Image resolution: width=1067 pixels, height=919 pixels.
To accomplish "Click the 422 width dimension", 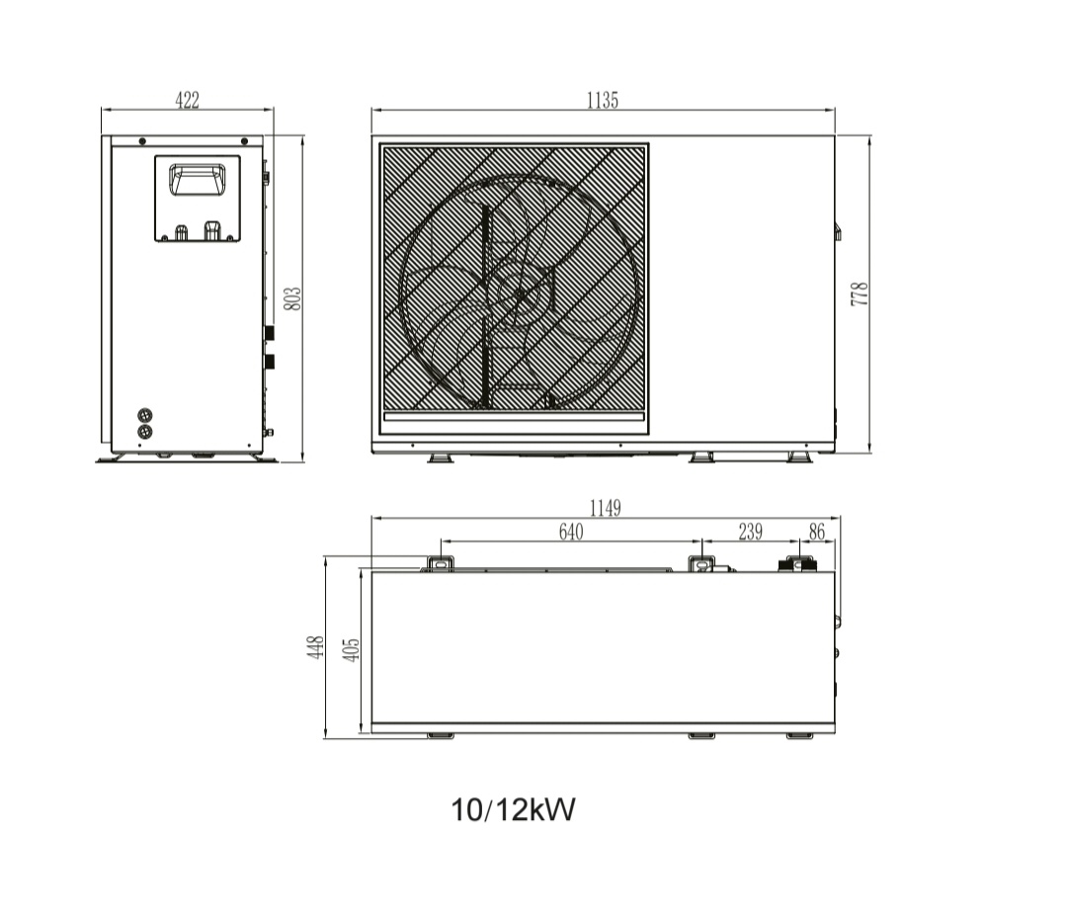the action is pyautogui.click(x=187, y=100).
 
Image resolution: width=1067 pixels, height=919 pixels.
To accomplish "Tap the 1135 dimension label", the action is pyautogui.click(x=603, y=100).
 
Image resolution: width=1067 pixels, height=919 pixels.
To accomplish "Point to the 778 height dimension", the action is pyautogui.click(x=860, y=293).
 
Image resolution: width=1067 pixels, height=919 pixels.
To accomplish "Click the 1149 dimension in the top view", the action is pyautogui.click(x=605, y=508).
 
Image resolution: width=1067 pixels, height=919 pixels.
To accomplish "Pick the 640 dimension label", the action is pyautogui.click(x=571, y=532).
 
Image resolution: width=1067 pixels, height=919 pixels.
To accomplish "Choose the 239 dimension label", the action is pyautogui.click(x=751, y=532).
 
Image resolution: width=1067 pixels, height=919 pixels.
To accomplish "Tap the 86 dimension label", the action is pyautogui.click(x=817, y=532).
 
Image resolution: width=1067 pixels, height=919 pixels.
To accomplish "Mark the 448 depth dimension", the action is pyautogui.click(x=315, y=647).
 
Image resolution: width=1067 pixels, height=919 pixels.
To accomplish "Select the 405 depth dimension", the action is pyautogui.click(x=351, y=650).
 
